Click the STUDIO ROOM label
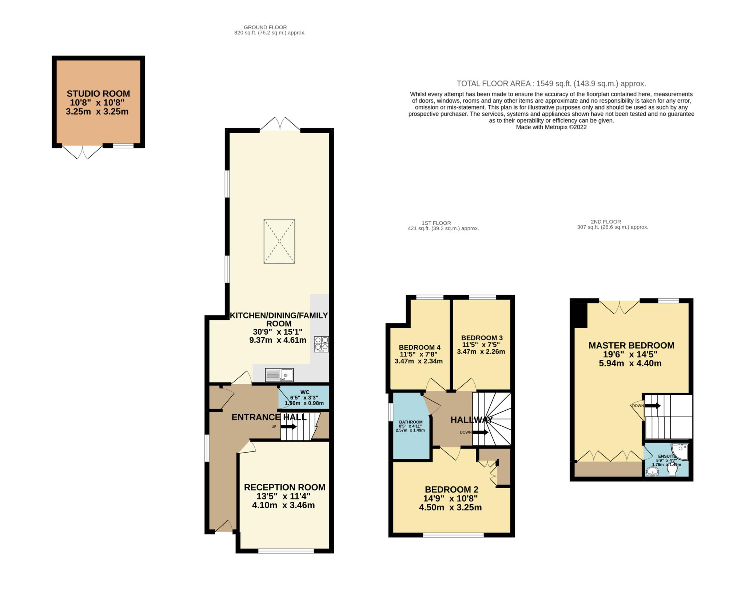(98, 94)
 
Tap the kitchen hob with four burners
(322, 344)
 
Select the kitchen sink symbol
(279, 375)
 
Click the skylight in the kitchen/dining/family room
(279, 241)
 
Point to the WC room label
(305, 392)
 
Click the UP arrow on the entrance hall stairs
(288, 427)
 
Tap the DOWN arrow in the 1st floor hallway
(480, 432)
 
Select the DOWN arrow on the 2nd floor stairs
(653, 406)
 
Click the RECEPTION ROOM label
(284, 487)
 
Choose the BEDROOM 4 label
(417, 347)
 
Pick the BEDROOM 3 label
(482, 338)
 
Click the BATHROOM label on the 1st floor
(411, 422)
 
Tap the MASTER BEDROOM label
(632, 346)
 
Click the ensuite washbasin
(653, 473)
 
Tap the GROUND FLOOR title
(265, 27)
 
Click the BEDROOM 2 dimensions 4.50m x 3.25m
(450, 508)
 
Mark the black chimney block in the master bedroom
(579, 314)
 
